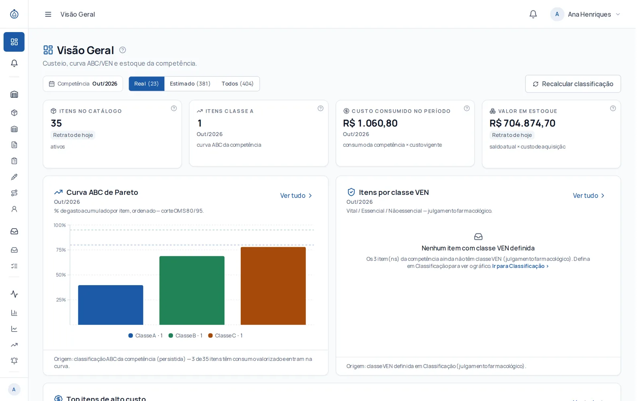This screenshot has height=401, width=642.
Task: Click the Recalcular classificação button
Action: [573, 84]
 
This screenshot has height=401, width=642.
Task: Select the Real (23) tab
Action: [146, 84]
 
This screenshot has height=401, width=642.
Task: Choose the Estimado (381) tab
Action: [190, 84]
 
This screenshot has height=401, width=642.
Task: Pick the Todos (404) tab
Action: [237, 84]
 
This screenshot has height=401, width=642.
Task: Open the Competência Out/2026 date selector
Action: [83, 84]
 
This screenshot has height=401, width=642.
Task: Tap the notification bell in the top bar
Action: [533, 14]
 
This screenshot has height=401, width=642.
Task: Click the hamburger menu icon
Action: [48, 14]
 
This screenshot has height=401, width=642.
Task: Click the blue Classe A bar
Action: [111, 305]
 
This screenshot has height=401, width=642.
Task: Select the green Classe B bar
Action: [192, 290]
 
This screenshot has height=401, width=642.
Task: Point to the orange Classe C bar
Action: [273, 286]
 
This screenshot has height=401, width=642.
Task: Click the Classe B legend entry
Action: [185, 335]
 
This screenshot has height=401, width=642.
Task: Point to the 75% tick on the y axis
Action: [61, 250]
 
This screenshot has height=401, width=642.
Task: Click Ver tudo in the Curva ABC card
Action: [296, 196]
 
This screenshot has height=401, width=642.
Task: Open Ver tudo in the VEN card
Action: [589, 196]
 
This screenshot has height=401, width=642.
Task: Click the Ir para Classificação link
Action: [520, 266]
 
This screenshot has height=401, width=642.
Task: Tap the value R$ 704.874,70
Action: [522, 123]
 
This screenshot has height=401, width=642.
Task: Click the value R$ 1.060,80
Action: [370, 123]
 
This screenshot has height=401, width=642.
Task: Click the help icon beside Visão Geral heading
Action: [122, 50]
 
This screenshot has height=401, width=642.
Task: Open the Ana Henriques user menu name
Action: [589, 14]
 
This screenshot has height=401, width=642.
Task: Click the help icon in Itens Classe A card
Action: [321, 108]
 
